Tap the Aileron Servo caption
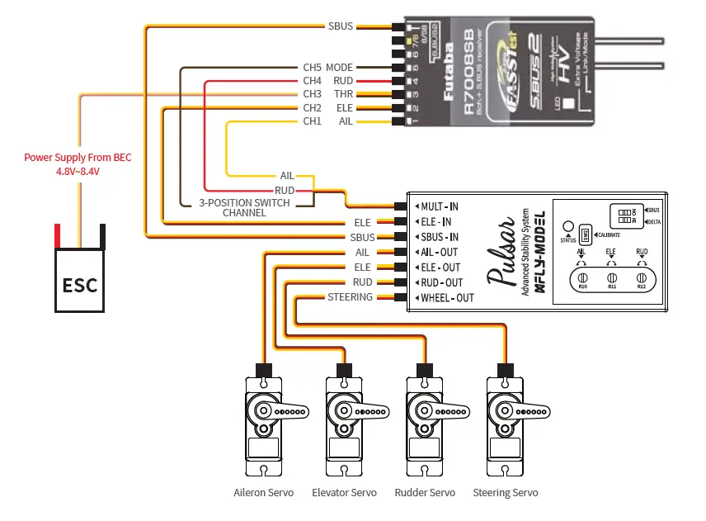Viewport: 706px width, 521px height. pyautogui.click(x=264, y=493)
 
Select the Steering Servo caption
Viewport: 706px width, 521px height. pyautogui.click(x=505, y=493)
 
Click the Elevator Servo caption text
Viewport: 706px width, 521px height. pyautogui.click(x=344, y=493)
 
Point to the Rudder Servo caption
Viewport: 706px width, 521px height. pyautogui.click(x=424, y=493)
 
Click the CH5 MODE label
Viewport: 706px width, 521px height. pyautogui.click(x=327, y=67)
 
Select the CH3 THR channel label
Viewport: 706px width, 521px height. pyautogui.click(x=327, y=94)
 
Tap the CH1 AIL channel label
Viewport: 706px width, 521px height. pyautogui.click(x=327, y=121)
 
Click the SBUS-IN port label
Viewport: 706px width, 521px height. pyautogui.click(x=439, y=237)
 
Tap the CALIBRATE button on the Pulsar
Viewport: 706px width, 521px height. pyautogui.click(x=584, y=234)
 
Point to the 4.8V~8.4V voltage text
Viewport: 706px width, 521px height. pyautogui.click(x=77, y=171)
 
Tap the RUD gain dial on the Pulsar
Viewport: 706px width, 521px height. pyautogui.click(x=641, y=277)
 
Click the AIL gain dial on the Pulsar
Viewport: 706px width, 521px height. pyautogui.click(x=581, y=277)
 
